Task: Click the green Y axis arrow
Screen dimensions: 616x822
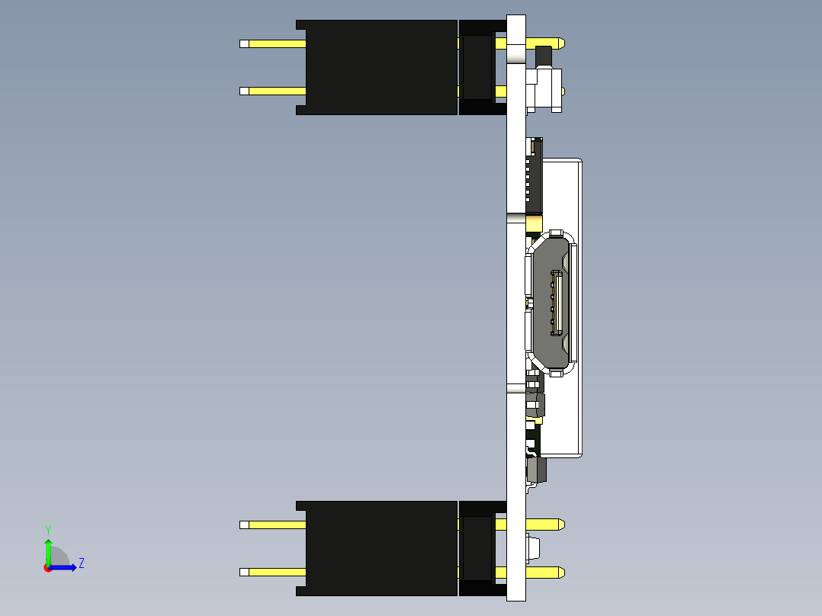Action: [48, 550]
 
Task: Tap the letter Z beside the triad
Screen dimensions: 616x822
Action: [81, 563]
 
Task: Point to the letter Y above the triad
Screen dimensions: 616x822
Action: [48, 530]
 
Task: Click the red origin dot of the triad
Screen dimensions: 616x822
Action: [48, 568]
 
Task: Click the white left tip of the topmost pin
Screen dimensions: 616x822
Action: [244, 43]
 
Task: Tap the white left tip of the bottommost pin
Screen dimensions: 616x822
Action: [244, 572]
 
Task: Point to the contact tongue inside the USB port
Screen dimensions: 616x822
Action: [556, 305]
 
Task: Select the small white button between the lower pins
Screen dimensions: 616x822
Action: [533, 547]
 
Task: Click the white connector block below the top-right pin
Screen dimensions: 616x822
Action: [544, 90]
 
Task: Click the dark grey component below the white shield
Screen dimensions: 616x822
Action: [537, 470]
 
